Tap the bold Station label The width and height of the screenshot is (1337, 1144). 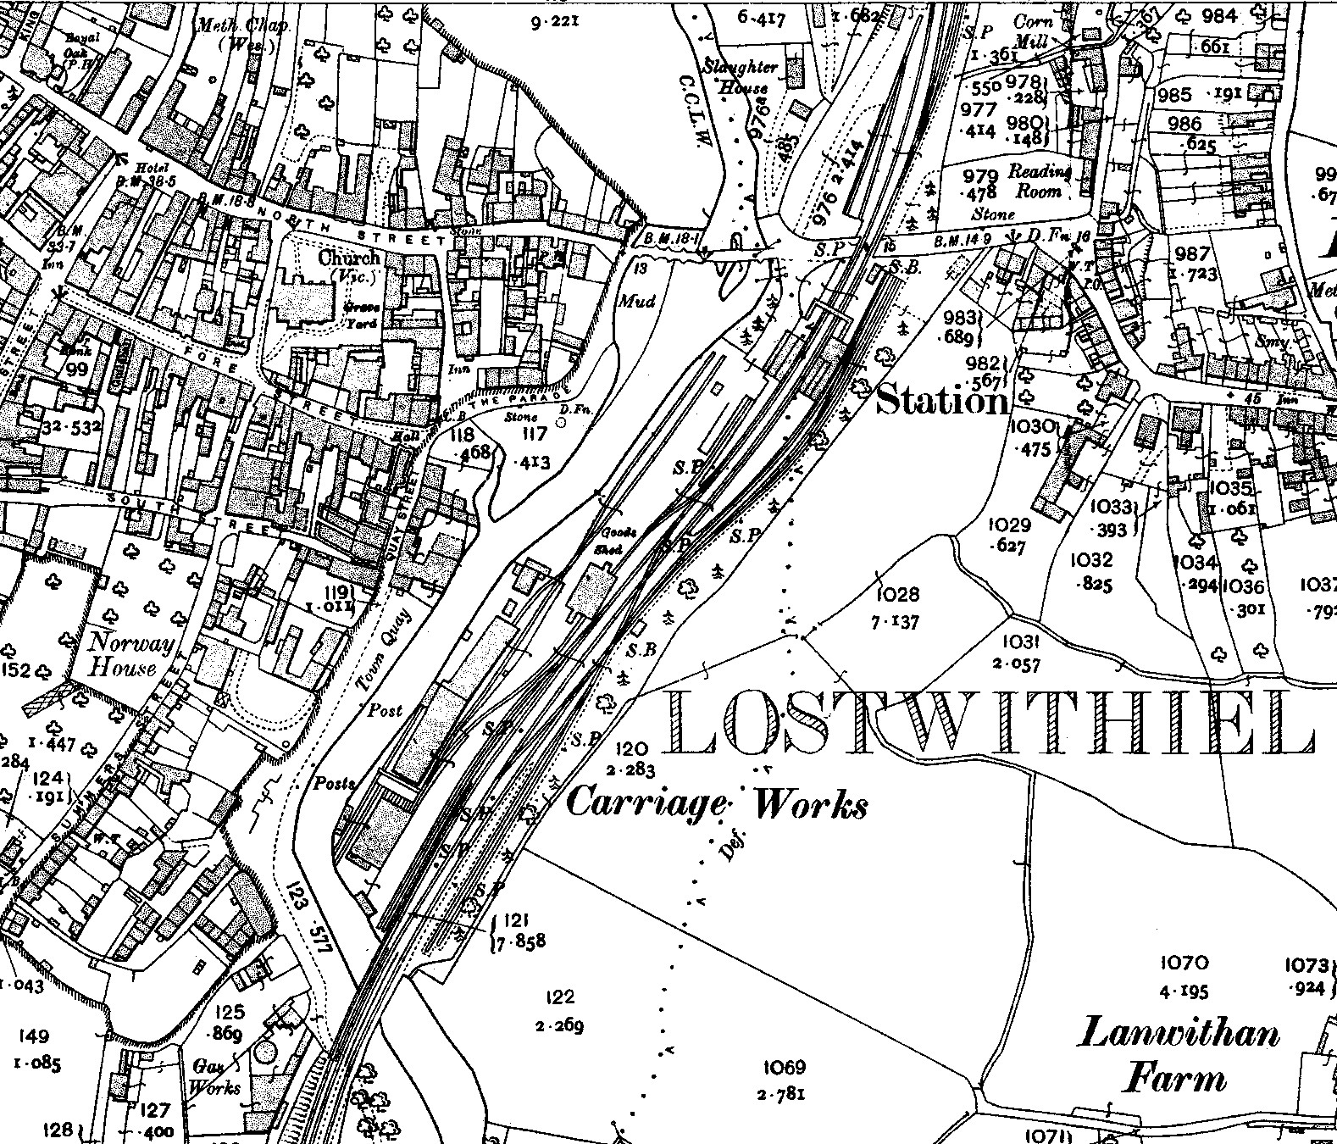tap(942, 399)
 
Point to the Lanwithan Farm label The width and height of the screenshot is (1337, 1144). tap(1179, 1056)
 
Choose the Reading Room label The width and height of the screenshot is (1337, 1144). tap(1039, 181)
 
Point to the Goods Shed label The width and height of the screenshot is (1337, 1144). tap(613, 541)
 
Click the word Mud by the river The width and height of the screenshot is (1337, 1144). tap(637, 301)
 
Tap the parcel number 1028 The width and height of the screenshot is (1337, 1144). tap(898, 595)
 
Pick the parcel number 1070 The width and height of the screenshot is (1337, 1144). tap(1184, 963)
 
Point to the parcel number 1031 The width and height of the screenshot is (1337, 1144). tap(1019, 642)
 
